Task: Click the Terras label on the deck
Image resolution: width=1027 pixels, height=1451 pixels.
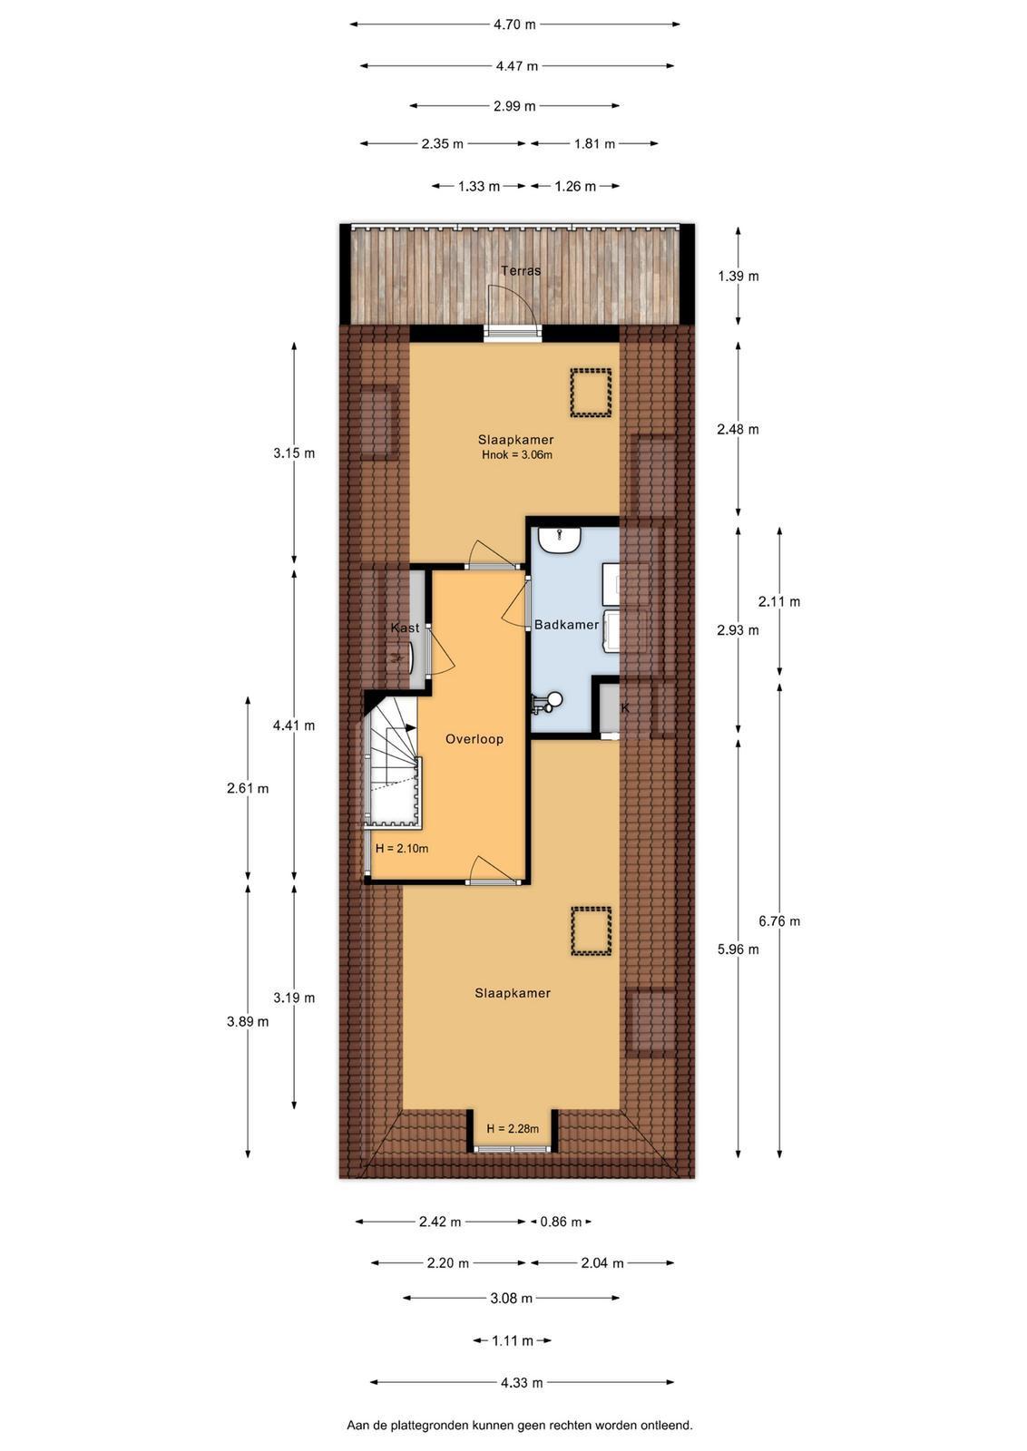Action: tap(520, 271)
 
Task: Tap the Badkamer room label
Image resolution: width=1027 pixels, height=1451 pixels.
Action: tap(566, 625)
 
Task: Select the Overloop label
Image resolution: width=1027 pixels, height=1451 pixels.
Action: tap(474, 739)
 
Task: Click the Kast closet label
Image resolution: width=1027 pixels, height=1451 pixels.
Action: tap(405, 628)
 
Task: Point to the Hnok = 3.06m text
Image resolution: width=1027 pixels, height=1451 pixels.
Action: tap(517, 454)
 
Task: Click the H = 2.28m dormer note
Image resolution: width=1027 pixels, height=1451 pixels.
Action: tap(513, 1129)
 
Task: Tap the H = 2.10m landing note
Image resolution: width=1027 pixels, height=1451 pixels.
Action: tap(402, 849)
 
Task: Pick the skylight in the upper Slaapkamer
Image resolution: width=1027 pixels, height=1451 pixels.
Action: tap(591, 394)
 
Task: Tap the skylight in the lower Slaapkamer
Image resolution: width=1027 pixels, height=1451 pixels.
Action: tap(591, 930)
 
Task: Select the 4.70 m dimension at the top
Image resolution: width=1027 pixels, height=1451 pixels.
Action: tap(515, 24)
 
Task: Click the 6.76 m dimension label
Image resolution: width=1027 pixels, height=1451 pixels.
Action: tap(779, 921)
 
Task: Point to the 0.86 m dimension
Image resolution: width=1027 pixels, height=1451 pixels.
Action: tap(561, 1222)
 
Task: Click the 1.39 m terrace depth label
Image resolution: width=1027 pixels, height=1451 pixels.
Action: tap(738, 277)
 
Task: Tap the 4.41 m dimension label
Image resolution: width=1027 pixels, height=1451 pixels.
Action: tap(294, 725)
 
